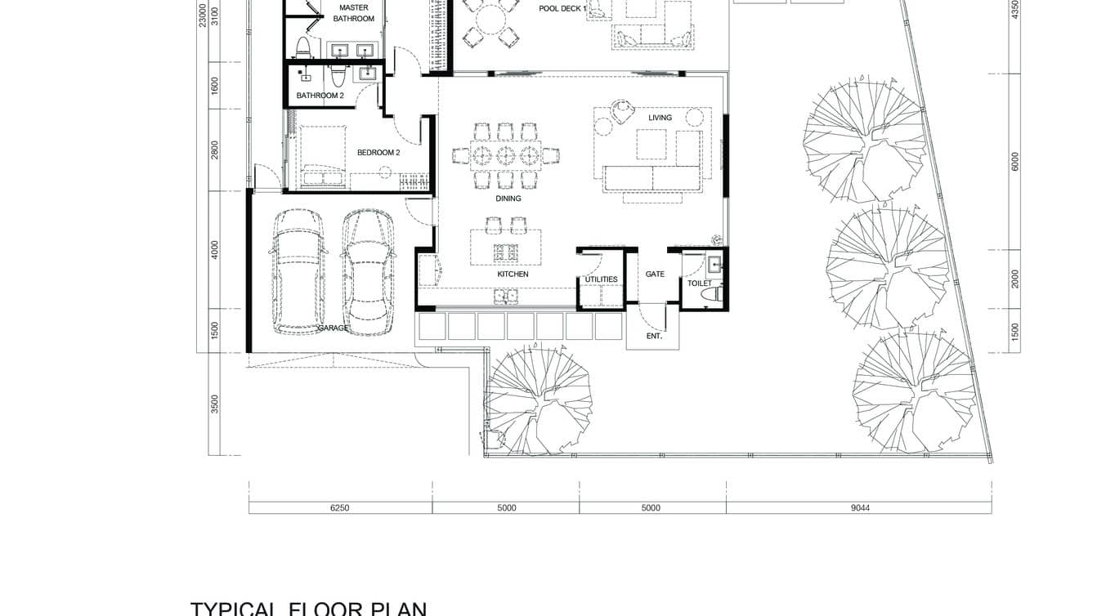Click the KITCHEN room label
513,275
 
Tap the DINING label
508,199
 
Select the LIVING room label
660,118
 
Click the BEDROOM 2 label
378,153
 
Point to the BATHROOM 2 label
320,96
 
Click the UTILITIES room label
601,280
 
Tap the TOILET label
699,283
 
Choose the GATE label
655,275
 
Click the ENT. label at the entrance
654,336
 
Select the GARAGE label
334,328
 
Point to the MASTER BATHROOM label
353,13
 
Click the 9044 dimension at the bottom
859,507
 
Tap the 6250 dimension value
339,507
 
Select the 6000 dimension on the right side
1015,162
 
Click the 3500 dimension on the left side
215,404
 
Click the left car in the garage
299,271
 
